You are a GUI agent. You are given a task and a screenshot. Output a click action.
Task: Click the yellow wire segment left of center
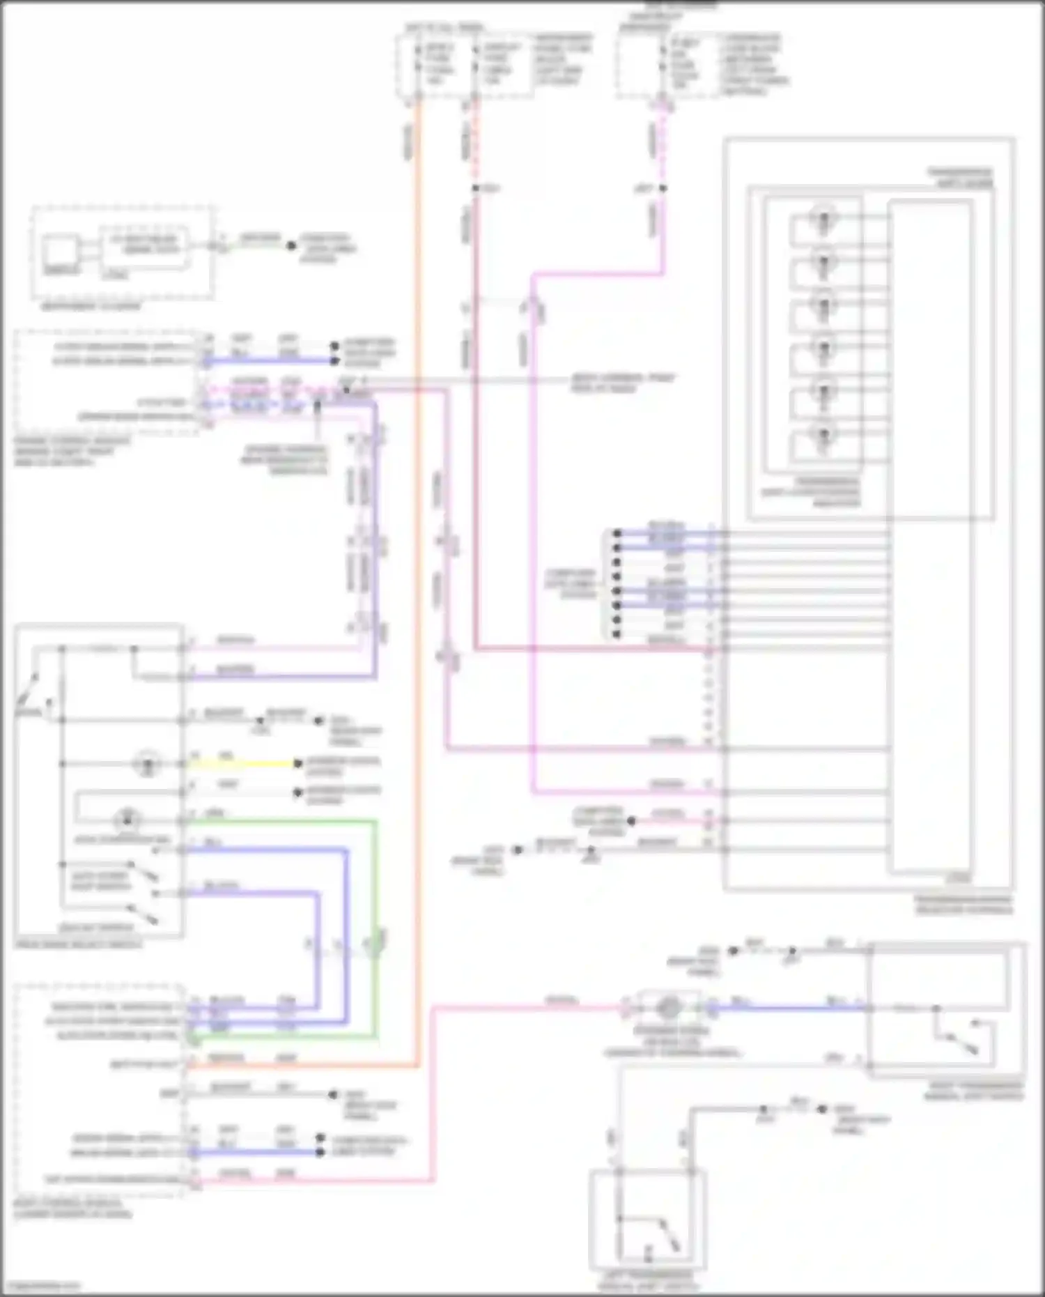(x=244, y=764)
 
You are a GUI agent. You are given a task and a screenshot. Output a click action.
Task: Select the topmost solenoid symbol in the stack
(x=823, y=219)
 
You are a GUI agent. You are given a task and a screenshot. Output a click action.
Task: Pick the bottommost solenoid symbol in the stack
(x=823, y=435)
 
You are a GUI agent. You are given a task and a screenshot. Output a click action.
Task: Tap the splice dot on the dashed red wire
(x=476, y=188)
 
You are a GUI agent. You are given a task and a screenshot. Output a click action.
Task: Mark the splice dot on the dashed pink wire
(x=663, y=188)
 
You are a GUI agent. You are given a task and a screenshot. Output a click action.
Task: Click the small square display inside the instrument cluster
(x=61, y=251)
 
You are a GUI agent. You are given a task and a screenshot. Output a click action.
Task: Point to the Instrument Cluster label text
(x=91, y=307)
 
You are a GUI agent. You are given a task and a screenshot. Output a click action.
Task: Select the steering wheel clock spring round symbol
(x=668, y=1007)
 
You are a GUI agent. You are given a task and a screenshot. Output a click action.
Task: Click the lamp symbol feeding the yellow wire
(x=147, y=764)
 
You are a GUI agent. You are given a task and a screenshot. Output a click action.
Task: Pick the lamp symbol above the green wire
(x=127, y=819)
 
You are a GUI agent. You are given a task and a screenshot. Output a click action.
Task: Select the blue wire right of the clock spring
(x=787, y=1008)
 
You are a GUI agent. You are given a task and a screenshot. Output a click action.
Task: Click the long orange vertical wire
(x=418, y=558)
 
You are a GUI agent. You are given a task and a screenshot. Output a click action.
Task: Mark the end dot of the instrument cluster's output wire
(x=292, y=245)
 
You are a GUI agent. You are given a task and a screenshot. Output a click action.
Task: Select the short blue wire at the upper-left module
(x=272, y=361)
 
